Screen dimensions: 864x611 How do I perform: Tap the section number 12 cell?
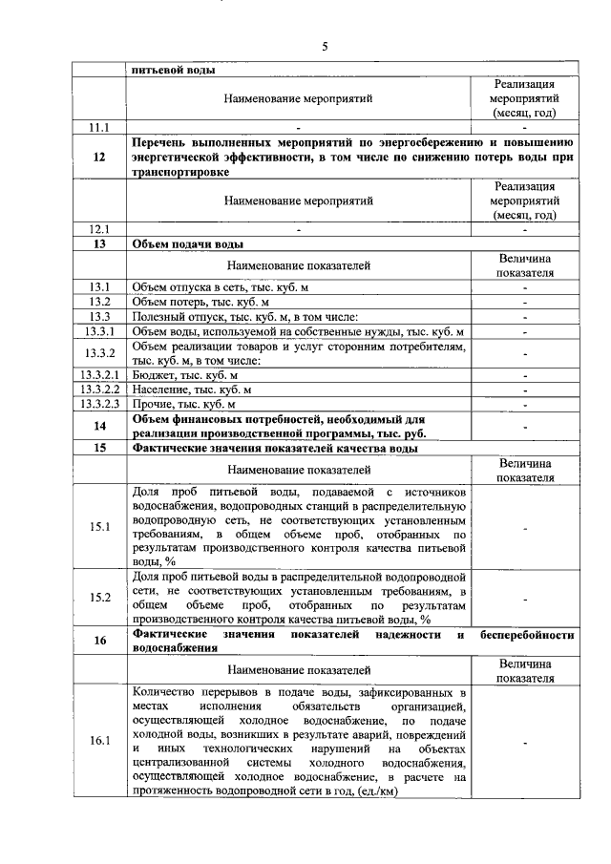(x=99, y=158)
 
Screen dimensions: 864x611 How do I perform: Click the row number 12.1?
(x=99, y=229)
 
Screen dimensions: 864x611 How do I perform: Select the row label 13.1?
(x=99, y=287)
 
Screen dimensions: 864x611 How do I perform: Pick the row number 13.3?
(x=99, y=316)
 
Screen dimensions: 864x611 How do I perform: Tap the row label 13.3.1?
(x=99, y=331)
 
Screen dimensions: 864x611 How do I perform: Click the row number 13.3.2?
(x=99, y=353)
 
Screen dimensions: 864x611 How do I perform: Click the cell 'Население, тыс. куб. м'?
(x=191, y=390)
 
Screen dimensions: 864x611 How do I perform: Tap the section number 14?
(x=99, y=426)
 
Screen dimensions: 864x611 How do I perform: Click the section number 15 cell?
(x=99, y=447)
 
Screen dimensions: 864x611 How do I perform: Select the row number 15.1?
(x=99, y=526)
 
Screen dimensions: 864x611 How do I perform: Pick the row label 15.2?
(x=99, y=598)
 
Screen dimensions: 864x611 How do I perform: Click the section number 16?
(x=99, y=641)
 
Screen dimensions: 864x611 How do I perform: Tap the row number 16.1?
(x=99, y=741)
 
